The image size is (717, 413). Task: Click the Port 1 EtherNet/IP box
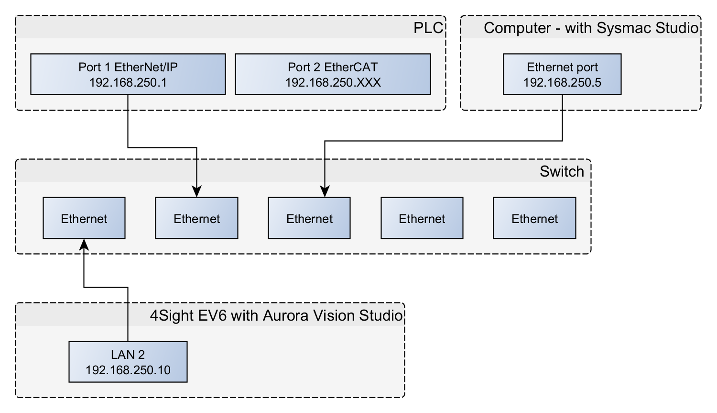(128, 74)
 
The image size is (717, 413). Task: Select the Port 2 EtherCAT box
(333, 74)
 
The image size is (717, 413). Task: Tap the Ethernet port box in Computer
(562, 74)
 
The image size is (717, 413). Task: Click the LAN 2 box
(128, 362)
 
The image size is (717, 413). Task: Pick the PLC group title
(428, 28)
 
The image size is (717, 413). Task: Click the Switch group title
(562, 171)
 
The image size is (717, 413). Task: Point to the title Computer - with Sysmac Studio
(591, 28)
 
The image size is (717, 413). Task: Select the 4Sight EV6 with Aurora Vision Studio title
(276, 315)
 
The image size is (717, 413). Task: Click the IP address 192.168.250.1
(128, 82)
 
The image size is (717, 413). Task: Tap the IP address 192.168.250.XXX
(333, 82)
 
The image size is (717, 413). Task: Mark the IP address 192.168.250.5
(562, 82)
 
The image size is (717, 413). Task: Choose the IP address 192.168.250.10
(128, 370)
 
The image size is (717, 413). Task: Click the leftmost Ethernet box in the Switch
(84, 218)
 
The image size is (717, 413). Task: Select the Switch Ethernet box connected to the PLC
(196, 218)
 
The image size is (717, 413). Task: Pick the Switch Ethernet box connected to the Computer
(309, 218)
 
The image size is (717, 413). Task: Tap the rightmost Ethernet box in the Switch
(534, 218)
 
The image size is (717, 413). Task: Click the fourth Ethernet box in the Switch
(422, 218)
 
